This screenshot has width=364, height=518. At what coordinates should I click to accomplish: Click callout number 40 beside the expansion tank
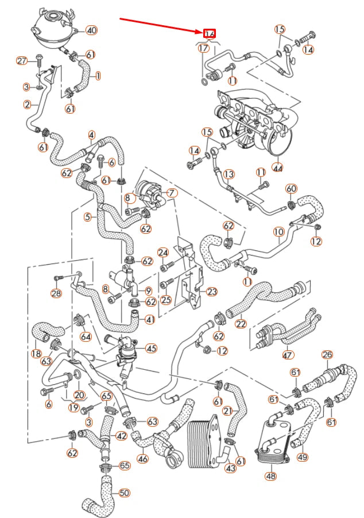coord(91,30)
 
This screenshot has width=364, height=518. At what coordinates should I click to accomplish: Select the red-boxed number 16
coord(210,34)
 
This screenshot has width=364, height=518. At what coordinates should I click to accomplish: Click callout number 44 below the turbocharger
coord(278,168)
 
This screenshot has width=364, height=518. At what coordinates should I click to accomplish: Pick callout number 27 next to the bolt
coord(22,61)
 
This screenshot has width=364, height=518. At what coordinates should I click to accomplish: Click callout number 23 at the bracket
coord(212,292)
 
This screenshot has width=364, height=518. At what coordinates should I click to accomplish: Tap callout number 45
coord(151,347)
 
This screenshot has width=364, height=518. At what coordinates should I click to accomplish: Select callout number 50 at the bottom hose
coord(124,492)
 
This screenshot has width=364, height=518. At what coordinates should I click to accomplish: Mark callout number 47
coord(287,355)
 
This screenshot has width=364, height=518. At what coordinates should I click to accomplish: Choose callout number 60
coord(292,189)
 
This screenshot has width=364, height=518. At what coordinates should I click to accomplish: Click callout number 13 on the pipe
coord(229,173)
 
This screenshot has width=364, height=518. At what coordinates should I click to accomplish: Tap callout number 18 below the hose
coord(36,353)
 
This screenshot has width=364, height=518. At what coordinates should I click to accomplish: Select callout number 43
coord(230,469)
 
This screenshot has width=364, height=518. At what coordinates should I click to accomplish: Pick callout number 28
coord(56,293)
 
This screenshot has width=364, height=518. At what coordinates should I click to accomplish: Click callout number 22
coord(241,324)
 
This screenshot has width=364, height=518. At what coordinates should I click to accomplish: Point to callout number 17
coord(204,48)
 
